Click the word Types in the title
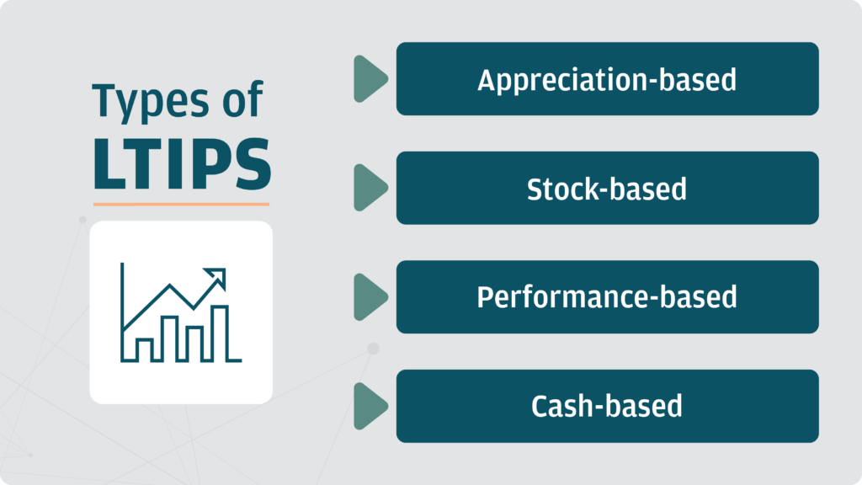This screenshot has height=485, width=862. [151, 102]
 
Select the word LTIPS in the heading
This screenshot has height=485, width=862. [182, 164]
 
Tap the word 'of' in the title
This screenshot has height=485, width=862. [242, 99]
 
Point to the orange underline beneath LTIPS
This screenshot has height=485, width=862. [182, 204]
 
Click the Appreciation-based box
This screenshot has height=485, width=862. [608, 78]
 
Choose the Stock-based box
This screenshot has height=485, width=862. [608, 188]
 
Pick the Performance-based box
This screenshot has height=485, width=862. [608, 297]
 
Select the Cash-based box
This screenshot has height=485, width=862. [608, 406]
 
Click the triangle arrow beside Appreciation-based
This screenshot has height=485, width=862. [370, 78]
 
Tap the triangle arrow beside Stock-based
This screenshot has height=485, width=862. [370, 188]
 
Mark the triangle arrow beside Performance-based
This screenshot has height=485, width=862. [370, 297]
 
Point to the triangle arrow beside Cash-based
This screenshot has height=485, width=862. [370, 406]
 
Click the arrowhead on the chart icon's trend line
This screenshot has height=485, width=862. [217, 276]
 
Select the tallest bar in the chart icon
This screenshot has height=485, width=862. [220, 333]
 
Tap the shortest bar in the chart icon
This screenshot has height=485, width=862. [144, 349]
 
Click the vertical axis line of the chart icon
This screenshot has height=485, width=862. [122, 312]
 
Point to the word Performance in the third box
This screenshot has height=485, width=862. [563, 297]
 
